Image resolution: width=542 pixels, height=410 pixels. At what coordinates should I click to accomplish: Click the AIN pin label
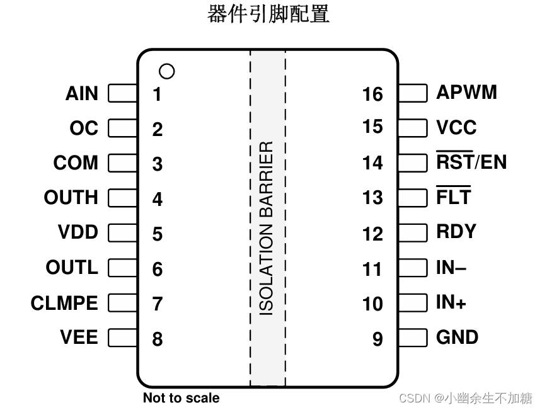(x=82, y=94)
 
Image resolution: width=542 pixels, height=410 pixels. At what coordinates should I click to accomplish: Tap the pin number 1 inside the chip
(x=157, y=94)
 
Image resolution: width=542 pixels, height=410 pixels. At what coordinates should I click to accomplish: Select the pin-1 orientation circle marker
(x=167, y=71)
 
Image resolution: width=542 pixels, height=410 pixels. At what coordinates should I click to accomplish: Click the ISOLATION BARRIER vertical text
(x=267, y=228)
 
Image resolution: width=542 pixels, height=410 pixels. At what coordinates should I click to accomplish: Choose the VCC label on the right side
(x=456, y=128)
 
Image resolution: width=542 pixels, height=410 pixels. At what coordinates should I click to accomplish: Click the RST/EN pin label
(x=471, y=162)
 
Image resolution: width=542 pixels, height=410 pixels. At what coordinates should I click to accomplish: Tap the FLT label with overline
(x=453, y=197)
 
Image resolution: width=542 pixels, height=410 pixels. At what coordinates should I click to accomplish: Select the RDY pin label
(x=456, y=232)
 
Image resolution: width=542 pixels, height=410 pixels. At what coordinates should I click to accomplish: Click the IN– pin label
(x=451, y=268)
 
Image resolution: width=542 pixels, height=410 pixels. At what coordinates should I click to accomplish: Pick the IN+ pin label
(x=451, y=302)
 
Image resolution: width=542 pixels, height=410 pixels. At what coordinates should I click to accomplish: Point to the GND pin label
(x=457, y=338)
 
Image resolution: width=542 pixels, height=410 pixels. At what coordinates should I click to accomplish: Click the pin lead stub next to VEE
(x=123, y=338)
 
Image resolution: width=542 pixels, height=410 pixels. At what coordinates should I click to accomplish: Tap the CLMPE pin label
(x=64, y=304)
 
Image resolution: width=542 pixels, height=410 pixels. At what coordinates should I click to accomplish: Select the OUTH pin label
(x=71, y=198)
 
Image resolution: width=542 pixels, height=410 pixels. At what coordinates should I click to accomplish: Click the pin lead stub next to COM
(x=123, y=163)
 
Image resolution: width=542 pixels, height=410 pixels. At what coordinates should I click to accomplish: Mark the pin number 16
(x=372, y=94)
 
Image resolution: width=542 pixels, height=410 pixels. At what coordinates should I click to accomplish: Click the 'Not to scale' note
(x=181, y=398)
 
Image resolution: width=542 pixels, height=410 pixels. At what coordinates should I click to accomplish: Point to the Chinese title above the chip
(x=268, y=14)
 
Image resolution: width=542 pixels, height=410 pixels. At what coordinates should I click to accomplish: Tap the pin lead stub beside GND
(x=413, y=338)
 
